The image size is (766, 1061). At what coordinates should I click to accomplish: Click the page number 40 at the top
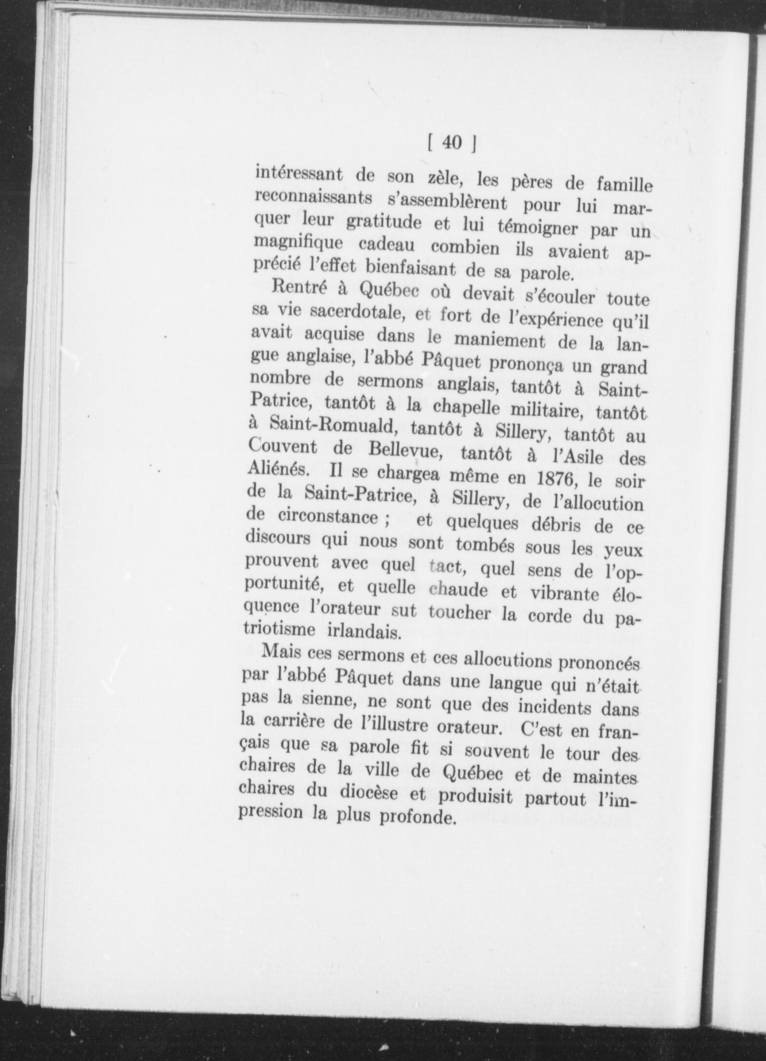click(x=452, y=142)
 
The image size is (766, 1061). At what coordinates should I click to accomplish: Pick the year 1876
click(x=556, y=478)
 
